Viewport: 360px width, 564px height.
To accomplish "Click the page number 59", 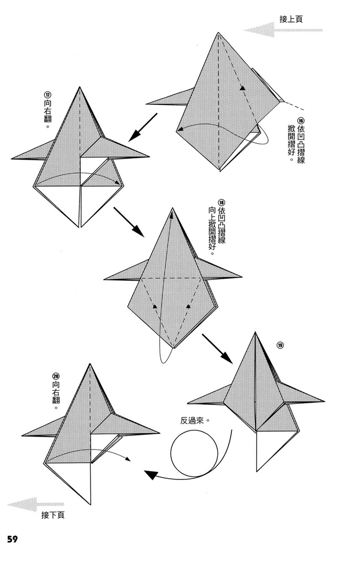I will pyautogui.click(x=12, y=539).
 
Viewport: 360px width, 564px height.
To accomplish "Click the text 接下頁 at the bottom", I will pyautogui.click(x=53, y=515).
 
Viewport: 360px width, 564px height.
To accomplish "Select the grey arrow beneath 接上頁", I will pyautogui.click(x=282, y=30).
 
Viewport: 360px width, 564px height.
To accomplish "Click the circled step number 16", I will pyautogui.click(x=301, y=120).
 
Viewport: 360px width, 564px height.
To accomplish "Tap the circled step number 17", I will pyautogui.click(x=47, y=94).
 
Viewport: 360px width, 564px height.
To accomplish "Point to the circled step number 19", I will pyautogui.click(x=280, y=346).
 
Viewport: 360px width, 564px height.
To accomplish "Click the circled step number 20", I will pyautogui.click(x=56, y=376).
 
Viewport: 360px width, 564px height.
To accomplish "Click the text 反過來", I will pyautogui.click(x=195, y=420).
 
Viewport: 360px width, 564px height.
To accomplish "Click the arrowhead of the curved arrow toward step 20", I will pyautogui.click(x=151, y=475).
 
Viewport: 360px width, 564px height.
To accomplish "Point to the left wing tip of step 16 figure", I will pyautogui.click(x=147, y=104).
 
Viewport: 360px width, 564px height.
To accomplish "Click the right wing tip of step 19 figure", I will pyautogui.click(x=324, y=402).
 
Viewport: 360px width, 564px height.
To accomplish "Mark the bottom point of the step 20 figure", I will pyautogui.click(x=90, y=504).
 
